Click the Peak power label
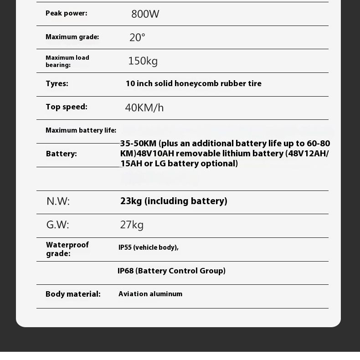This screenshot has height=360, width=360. coord(66,13)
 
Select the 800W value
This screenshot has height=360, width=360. coord(145,14)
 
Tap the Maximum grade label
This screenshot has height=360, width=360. coord(72,37)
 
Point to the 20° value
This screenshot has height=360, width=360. coord(137,38)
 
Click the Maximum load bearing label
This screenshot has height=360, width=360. coord(67,61)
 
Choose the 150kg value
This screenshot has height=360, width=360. coord(143,61)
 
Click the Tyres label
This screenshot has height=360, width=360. coord(57,83)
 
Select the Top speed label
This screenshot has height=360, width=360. coord(66,107)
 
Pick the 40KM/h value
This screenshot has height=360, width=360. coord(144,108)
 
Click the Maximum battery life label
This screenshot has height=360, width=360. coord(81,130)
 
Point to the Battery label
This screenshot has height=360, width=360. coord(61,154)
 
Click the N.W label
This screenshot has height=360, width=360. coord(58,201)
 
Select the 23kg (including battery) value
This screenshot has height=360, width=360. coord(174,201)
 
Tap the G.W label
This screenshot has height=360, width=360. coord(57,225)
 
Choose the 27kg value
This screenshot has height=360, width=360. coord(132,225)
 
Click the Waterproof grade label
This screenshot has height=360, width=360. coord(67,249)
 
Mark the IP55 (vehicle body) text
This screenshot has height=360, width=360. coord(148,247)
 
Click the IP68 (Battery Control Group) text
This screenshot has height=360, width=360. coord(171,271)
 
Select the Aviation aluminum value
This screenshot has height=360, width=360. coord(150,294)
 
